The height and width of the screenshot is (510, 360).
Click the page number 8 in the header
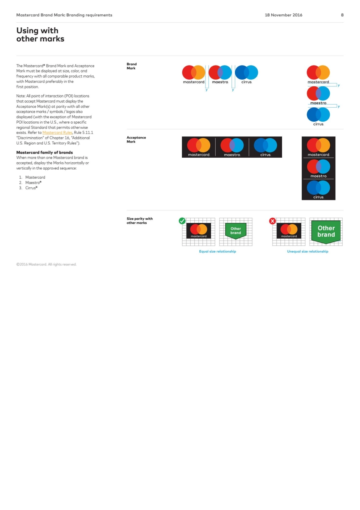coord(342,15)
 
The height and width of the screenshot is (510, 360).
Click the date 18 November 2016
coord(283,15)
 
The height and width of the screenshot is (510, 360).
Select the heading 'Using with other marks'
coord(40,35)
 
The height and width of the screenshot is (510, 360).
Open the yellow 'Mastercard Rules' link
coord(57,133)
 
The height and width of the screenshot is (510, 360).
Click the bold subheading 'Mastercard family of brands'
coord(44,152)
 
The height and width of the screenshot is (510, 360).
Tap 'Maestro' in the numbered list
coord(33,183)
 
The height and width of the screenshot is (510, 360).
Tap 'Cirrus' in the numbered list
coord(31,188)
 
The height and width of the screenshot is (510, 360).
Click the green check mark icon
coord(182,221)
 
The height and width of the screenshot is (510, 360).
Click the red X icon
coord(272,221)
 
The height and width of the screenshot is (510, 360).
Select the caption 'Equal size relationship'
coord(218,251)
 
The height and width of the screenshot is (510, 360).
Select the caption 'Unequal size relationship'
coord(308,251)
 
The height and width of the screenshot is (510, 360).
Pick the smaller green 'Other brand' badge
coord(236,231)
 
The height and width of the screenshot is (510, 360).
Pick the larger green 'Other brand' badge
coord(326,232)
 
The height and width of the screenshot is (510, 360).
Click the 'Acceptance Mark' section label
coord(136,140)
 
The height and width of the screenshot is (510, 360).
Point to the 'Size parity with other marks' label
coord(139,221)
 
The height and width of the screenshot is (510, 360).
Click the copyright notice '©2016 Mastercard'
coord(46,264)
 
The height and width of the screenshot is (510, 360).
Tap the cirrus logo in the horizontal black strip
coord(265,147)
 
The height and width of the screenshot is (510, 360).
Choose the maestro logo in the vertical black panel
coord(318,168)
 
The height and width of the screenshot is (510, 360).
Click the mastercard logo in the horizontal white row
coord(194,74)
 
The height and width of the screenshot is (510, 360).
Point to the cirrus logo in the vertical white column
coord(318,116)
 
